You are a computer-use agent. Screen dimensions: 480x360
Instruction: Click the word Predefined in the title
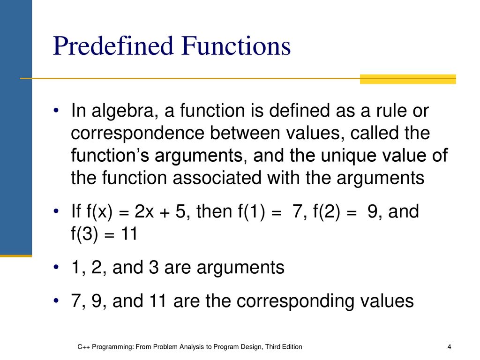point(113,45)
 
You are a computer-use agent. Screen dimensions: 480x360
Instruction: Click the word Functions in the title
point(236,45)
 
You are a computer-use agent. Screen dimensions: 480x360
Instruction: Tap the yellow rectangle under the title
point(408,79)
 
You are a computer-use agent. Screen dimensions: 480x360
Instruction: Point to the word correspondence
point(138,134)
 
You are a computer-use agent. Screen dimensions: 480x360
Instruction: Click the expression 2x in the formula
point(144,211)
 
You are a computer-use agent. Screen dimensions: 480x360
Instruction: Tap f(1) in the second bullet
point(251,212)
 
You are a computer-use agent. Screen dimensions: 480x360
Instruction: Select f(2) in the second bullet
point(326,212)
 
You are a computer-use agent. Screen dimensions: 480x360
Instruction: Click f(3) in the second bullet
point(85,234)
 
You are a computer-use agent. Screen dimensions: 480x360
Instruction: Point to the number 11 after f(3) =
point(129,234)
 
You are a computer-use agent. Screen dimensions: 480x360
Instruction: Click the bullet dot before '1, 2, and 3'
point(56,267)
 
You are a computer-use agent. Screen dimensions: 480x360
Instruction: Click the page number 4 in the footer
point(449,347)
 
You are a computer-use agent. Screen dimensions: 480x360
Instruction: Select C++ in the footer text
point(83,347)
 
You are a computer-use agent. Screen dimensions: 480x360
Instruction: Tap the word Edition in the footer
point(292,347)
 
